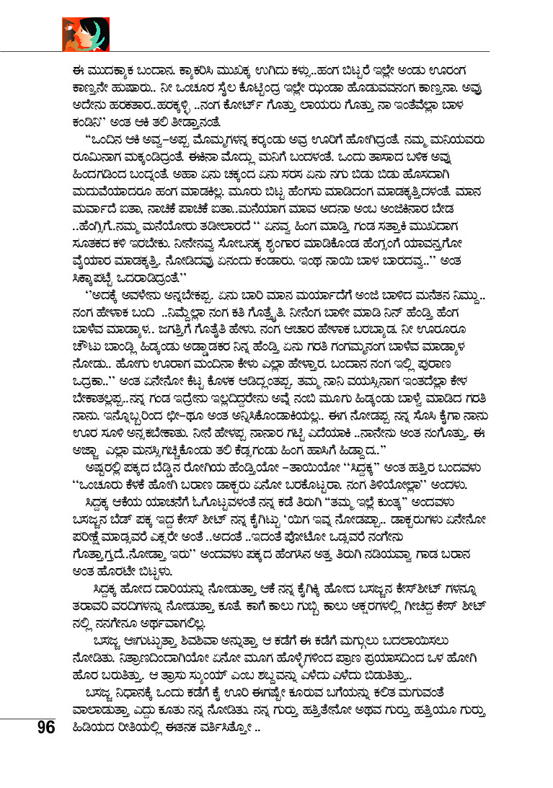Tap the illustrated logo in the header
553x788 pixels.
(x=86, y=34)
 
